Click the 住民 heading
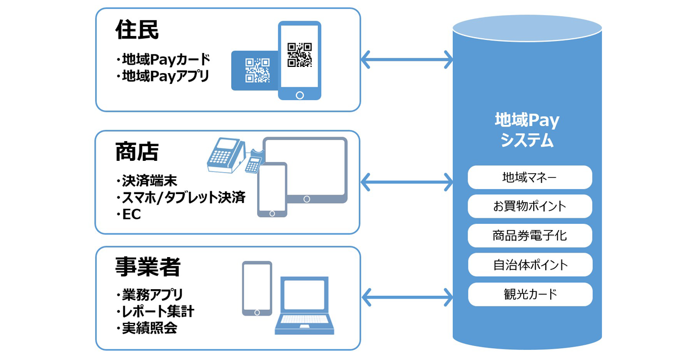137,30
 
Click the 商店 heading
137,152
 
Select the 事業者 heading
147,267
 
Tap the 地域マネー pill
530,177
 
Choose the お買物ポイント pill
530,206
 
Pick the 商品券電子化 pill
530,236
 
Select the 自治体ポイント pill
530,265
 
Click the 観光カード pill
530,294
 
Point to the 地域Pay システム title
527,129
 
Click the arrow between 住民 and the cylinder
407,60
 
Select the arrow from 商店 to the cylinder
407,182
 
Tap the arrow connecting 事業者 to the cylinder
407,298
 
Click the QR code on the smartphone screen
299,55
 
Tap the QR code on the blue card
258,70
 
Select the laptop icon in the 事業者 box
304,305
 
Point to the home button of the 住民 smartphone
300,95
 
